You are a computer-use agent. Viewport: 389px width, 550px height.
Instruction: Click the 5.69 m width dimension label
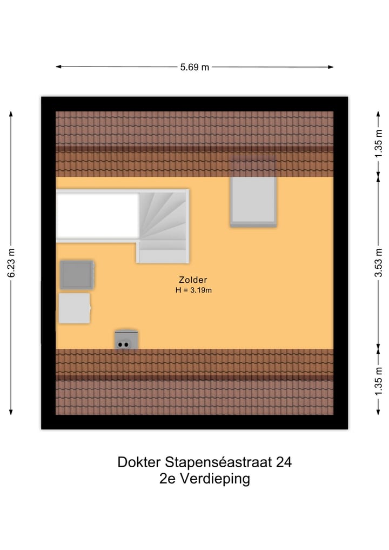tap(194, 67)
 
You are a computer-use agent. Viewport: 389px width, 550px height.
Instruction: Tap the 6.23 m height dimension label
tap(11, 263)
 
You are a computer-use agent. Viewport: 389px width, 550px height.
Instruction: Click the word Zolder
tap(193, 280)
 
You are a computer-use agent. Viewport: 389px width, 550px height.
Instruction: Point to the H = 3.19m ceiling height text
tap(193, 290)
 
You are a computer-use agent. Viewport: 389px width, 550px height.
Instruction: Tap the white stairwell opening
tap(98, 215)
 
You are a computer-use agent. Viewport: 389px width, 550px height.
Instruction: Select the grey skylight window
tap(253, 200)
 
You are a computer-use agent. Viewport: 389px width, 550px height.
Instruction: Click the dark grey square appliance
tap(77, 274)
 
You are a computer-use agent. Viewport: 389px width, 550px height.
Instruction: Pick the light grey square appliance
tap(74, 308)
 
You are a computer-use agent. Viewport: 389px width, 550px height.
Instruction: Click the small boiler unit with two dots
tap(126, 340)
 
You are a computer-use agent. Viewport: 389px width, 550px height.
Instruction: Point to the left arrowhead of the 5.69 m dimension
tap(58, 67)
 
